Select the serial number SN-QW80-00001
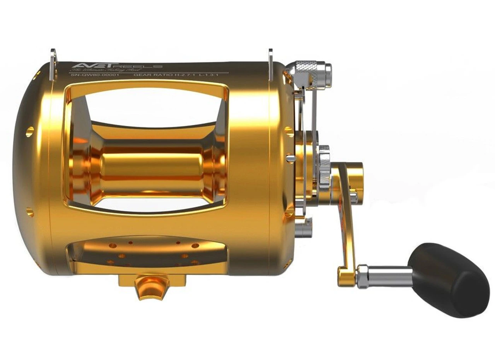click(95, 75)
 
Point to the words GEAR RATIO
click(152, 75)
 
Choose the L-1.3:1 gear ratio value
click(211, 75)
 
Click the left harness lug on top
click(53, 60)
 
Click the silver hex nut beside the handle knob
click(362, 276)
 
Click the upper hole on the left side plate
click(29, 131)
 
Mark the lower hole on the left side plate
click(30, 212)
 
